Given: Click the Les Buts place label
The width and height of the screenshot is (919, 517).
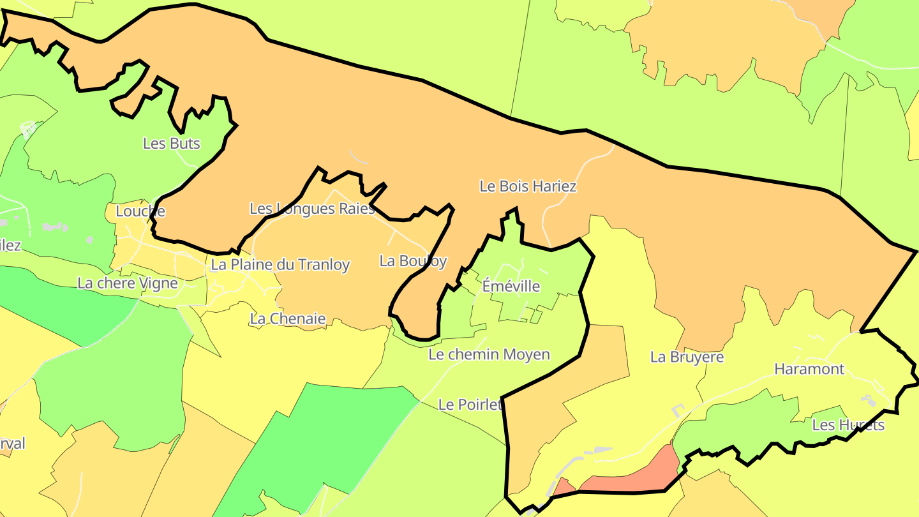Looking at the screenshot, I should (171, 144).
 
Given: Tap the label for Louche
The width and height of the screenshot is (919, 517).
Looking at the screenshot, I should (140, 211).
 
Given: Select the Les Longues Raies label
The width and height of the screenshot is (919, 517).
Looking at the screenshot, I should (312, 209).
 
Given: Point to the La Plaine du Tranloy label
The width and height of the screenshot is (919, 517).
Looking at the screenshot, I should (280, 265).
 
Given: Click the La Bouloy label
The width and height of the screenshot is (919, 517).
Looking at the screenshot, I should (413, 261).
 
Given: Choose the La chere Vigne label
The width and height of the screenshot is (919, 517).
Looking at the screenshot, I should (128, 283).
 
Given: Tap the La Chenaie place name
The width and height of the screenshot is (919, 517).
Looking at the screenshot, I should (288, 319).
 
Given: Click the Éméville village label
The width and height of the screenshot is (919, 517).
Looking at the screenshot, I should (511, 287).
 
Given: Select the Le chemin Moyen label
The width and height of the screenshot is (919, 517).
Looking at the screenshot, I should (489, 355).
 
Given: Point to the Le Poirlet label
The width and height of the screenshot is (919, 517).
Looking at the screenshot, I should (470, 405).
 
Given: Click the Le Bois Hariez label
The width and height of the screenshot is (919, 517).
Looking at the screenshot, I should (528, 187).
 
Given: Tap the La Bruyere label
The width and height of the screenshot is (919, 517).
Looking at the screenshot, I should (687, 357).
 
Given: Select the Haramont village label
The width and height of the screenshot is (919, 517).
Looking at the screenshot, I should (809, 369).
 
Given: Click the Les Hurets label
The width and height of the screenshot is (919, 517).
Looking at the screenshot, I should (848, 425).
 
